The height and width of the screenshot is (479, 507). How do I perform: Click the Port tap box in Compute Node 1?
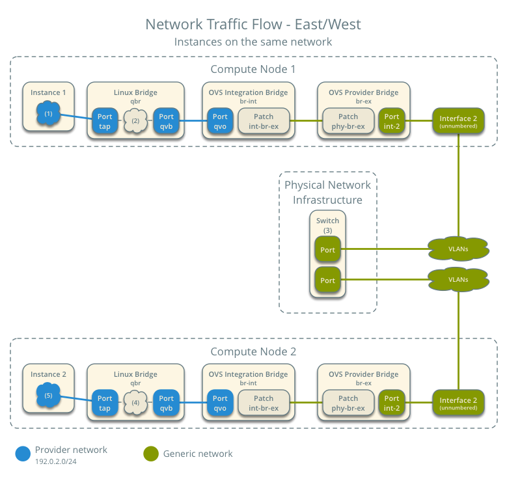point(105,121)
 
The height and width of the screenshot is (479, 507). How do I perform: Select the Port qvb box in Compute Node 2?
point(167,403)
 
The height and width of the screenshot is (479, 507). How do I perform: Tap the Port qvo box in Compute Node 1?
point(220,121)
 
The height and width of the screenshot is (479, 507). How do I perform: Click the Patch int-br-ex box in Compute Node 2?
point(264,403)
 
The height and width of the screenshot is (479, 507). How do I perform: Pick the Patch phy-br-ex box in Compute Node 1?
point(348,121)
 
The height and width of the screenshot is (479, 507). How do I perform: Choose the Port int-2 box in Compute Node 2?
point(392,403)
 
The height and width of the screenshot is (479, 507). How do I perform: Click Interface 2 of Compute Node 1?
point(458,121)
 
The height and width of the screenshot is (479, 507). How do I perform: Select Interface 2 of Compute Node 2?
point(458,403)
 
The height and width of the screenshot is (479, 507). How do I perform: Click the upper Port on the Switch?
point(328,249)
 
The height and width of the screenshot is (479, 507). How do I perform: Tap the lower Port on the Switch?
point(328,280)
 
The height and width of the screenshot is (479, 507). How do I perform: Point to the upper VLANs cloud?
point(458,249)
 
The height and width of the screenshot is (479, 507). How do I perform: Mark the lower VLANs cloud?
point(458,279)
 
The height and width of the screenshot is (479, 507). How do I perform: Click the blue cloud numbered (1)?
point(48,114)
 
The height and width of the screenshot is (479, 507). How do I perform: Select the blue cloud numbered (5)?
point(48,395)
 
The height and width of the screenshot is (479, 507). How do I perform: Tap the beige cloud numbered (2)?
point(135,121)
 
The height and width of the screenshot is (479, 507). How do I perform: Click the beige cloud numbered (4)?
point(135,403)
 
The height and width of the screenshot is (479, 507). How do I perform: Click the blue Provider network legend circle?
point(23,454)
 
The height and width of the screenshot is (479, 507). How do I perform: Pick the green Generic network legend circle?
point(150,454)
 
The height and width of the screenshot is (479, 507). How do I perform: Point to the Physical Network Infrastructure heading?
point(327,192)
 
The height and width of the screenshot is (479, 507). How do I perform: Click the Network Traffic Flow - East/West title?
point(253,25)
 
